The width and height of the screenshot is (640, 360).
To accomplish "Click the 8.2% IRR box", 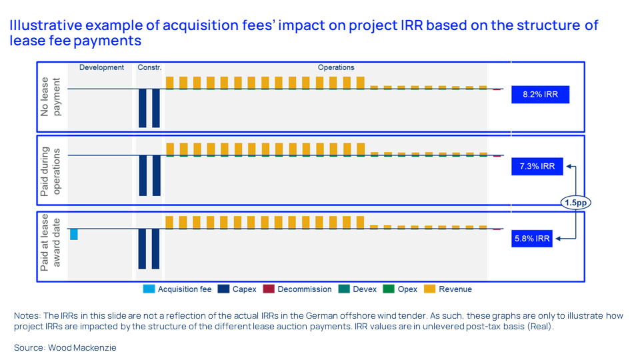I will pyautogui.click(x=541, y=95).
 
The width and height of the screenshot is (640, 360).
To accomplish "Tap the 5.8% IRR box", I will pyautogui.click(x=532, y=238).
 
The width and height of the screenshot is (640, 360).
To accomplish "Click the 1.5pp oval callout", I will pyautogui.click(x=575, y=202).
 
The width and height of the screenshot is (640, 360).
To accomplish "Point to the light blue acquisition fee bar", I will pyautogui.click(x=74, y=234).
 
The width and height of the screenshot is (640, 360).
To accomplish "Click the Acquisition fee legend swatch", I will pyautogui.click(x=149, y=289).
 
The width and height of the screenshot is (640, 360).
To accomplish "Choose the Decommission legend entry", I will pyautogui.click(x=297, y=289).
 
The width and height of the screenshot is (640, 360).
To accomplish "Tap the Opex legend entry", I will pyautogui.click(x=401, y=289).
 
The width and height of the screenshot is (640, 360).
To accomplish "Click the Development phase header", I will pyautogui.click(x=101, y=67).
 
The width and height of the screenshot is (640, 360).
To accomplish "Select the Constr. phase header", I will pyautogui.click(x=149, y=67).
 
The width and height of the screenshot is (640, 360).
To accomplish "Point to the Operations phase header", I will pyautogui.click(x=336, y=67).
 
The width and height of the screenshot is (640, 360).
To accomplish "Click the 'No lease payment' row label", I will pyautogui.click(x=51, y=97).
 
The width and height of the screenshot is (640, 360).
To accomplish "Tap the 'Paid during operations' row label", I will pyautogui.click(x=51, y=170).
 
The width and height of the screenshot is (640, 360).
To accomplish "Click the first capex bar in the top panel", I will pyautogui.click(x=142, y=108).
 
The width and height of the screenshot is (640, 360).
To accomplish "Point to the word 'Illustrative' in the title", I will pyautogui.click(x=41, y=26).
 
